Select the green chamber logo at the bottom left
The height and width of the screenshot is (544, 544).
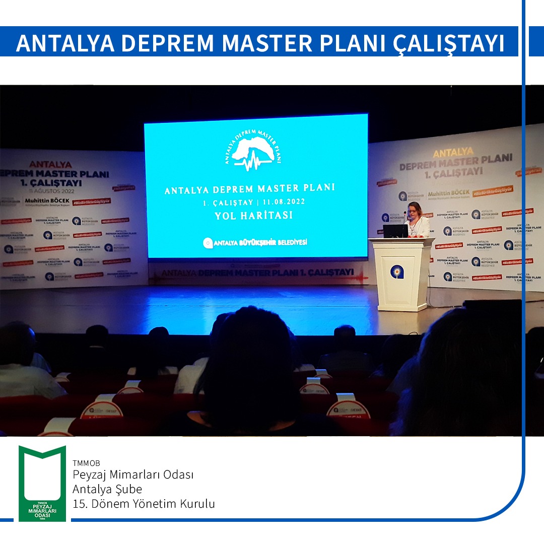42,483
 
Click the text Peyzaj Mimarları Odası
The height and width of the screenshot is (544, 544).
133,475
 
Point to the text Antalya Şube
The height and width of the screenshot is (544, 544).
107,489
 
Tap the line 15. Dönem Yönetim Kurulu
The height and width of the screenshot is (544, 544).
144,504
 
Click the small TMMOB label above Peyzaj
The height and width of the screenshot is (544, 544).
83,463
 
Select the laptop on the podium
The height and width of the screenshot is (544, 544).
395,231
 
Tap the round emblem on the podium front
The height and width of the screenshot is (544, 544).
397,273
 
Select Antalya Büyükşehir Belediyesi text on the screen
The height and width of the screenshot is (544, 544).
255,243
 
